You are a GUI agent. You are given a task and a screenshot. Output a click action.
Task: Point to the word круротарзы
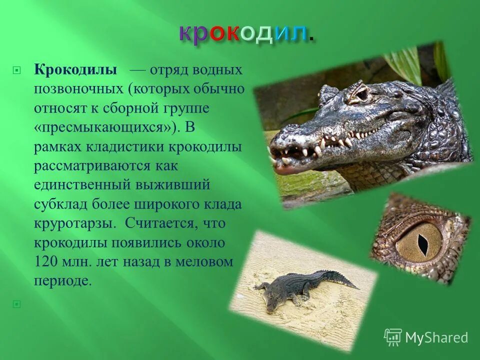[69, 223]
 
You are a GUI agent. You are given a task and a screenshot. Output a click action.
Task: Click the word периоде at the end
[63, 281]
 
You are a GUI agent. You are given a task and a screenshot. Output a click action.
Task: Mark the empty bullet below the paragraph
[17, 303]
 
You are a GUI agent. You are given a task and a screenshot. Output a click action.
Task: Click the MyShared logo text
[436, 337]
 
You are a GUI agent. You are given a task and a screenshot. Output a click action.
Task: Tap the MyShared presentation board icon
[393, 337]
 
